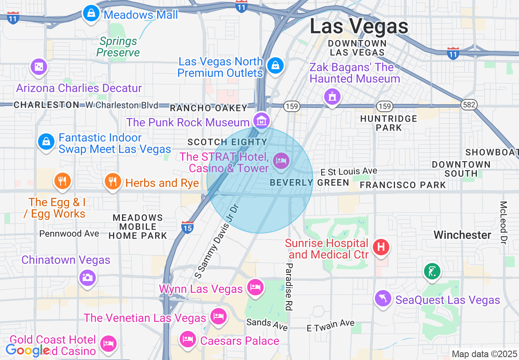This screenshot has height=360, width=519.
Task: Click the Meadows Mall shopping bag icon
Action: (91, 13)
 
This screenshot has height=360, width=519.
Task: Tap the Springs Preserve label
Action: (118, 47)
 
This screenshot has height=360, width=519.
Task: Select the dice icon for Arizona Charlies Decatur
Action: (38, 67)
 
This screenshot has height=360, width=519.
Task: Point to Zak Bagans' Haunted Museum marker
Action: (332, 97)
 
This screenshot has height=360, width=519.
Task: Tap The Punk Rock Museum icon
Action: (261, 120)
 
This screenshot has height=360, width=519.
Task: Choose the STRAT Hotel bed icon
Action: (281, 160)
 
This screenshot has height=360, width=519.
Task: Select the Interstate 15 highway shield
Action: (187, 227)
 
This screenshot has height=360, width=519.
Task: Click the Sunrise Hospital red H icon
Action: (381, 247)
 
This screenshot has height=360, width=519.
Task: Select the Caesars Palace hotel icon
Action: (188, 339)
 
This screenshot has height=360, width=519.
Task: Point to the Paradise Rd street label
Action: (289, 286)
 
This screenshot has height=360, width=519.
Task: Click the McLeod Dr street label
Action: (503, 223)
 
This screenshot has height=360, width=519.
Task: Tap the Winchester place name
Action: (462, 235)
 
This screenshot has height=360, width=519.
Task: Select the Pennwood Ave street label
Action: (69, 234)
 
